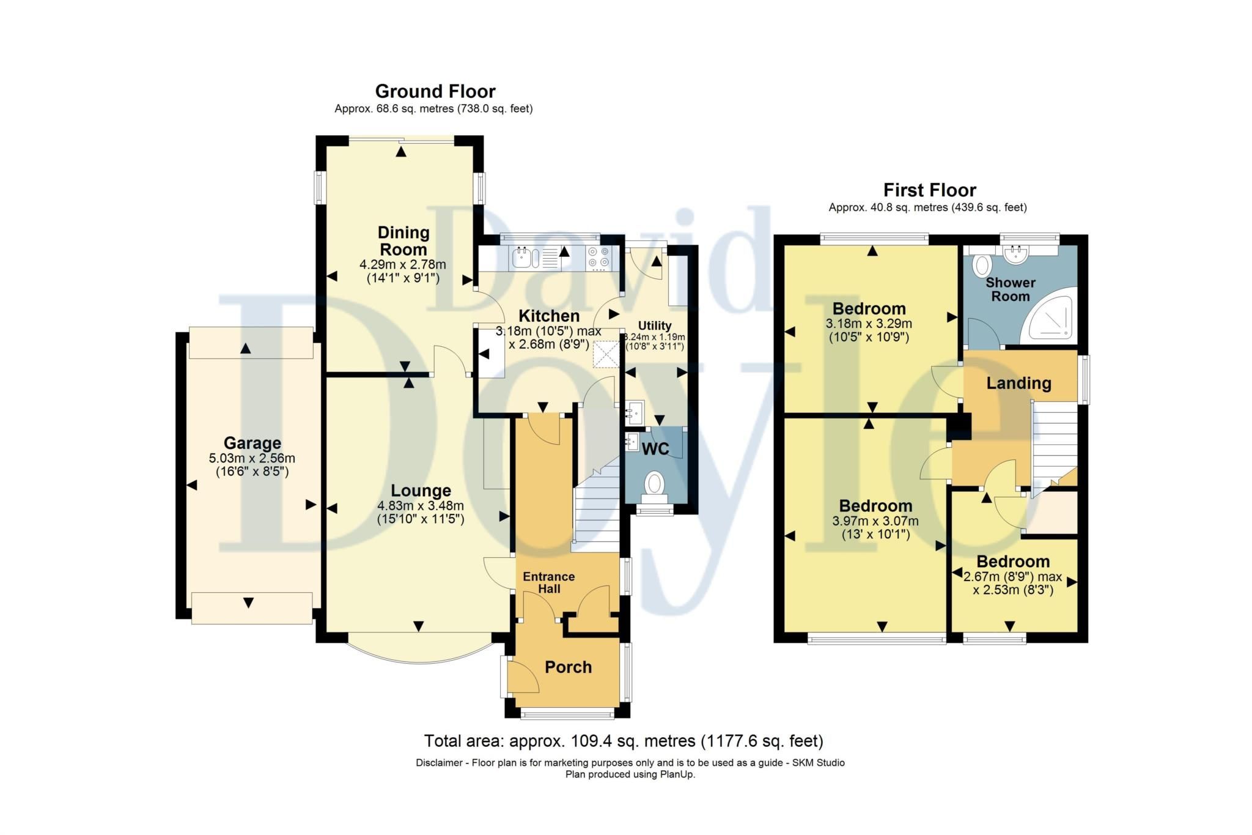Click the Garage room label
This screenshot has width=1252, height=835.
pyautogui.click(x=252, y=443)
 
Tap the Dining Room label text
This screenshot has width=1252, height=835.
pyautogui.click(x=403, y=241)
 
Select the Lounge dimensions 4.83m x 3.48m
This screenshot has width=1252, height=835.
pyautogui.click(x=421, y=506)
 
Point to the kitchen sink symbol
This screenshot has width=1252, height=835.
pyautogui.click(x=523, y=258)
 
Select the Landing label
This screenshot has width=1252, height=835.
pyautogui.click(x=1018, y=384)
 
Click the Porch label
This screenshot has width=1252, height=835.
pyautogui.click(x=568, y=667)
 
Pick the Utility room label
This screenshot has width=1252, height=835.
pyautogui.click(x=655, y=325)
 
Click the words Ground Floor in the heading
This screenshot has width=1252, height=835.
pyautogui.click(x=435, y=92)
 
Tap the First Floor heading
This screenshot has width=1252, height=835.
pyautogui.click(x=929, y=190)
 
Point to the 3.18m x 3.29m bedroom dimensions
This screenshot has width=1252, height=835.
pyautogui.click(x=868, y=324)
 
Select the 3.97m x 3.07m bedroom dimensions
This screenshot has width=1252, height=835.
pyautogui.click(x=875, y=521)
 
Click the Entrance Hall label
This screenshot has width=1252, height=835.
pyautogui.click(x=548, y=582)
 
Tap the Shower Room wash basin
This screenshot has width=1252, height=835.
pyautogui.click(x=1015, y=254)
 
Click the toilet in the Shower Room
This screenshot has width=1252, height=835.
pyautogui.click(x=982, y=265)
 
